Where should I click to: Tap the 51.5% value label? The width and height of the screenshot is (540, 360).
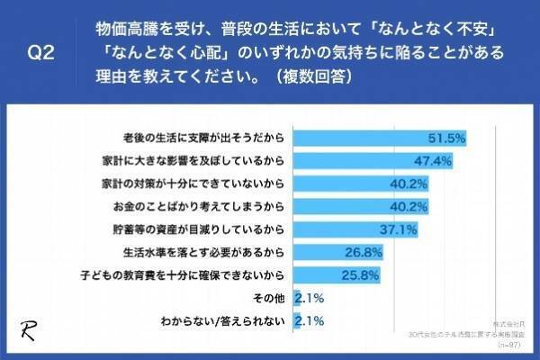coord(446,139)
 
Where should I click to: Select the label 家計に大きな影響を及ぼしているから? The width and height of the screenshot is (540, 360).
coord(195,161)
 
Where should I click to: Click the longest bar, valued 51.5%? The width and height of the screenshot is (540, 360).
coord(378,139)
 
